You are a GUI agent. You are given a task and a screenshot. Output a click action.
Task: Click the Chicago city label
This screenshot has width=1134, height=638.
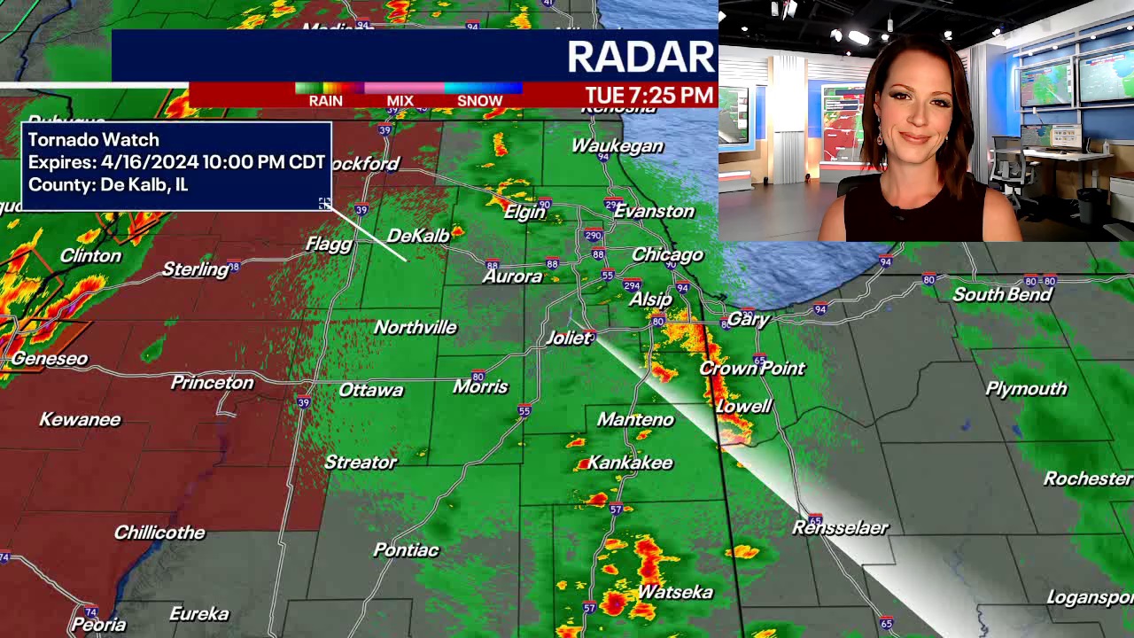(667, 255)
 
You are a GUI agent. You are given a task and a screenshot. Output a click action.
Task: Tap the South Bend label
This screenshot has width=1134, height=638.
(1002, 294)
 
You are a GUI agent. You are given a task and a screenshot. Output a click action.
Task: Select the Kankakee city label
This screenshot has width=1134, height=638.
(630, 463)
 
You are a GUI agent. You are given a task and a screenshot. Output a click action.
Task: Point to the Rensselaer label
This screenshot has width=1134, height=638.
(840, 528)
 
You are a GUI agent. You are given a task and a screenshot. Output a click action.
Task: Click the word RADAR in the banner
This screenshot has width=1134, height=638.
(640, 58)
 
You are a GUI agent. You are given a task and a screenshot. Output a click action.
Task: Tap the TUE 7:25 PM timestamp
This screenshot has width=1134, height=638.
(649, 96)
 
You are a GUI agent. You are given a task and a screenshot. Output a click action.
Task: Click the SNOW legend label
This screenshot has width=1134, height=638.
(479, 101)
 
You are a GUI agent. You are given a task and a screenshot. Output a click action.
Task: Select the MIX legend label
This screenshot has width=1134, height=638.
(400, 101)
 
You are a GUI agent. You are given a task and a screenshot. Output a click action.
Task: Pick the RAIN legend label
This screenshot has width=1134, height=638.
(325, 101)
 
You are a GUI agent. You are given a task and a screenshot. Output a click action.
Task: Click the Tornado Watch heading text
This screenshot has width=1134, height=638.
(94, 140)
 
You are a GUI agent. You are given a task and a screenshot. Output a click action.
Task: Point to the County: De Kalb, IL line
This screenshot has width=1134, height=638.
(108, 185)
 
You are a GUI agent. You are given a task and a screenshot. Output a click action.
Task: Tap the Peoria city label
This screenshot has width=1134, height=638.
(98, 625)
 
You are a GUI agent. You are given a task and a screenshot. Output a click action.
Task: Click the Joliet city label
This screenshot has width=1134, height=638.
(567, 338)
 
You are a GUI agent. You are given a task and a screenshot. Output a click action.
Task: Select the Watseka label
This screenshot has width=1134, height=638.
(675, 592)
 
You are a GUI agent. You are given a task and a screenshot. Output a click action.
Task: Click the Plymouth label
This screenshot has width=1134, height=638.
(1026, 389)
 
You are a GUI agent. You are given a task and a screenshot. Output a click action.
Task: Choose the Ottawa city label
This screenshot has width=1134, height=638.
(370, 390)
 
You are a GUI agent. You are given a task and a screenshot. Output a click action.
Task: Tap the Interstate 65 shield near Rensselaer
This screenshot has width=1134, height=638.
(815, 519)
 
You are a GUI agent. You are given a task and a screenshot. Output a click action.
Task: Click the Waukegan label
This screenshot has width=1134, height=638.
(617, 146)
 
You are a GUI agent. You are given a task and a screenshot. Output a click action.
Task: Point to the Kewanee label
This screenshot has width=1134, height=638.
(80, 419)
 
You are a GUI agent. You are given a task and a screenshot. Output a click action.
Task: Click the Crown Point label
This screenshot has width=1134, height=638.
(752, 369)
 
